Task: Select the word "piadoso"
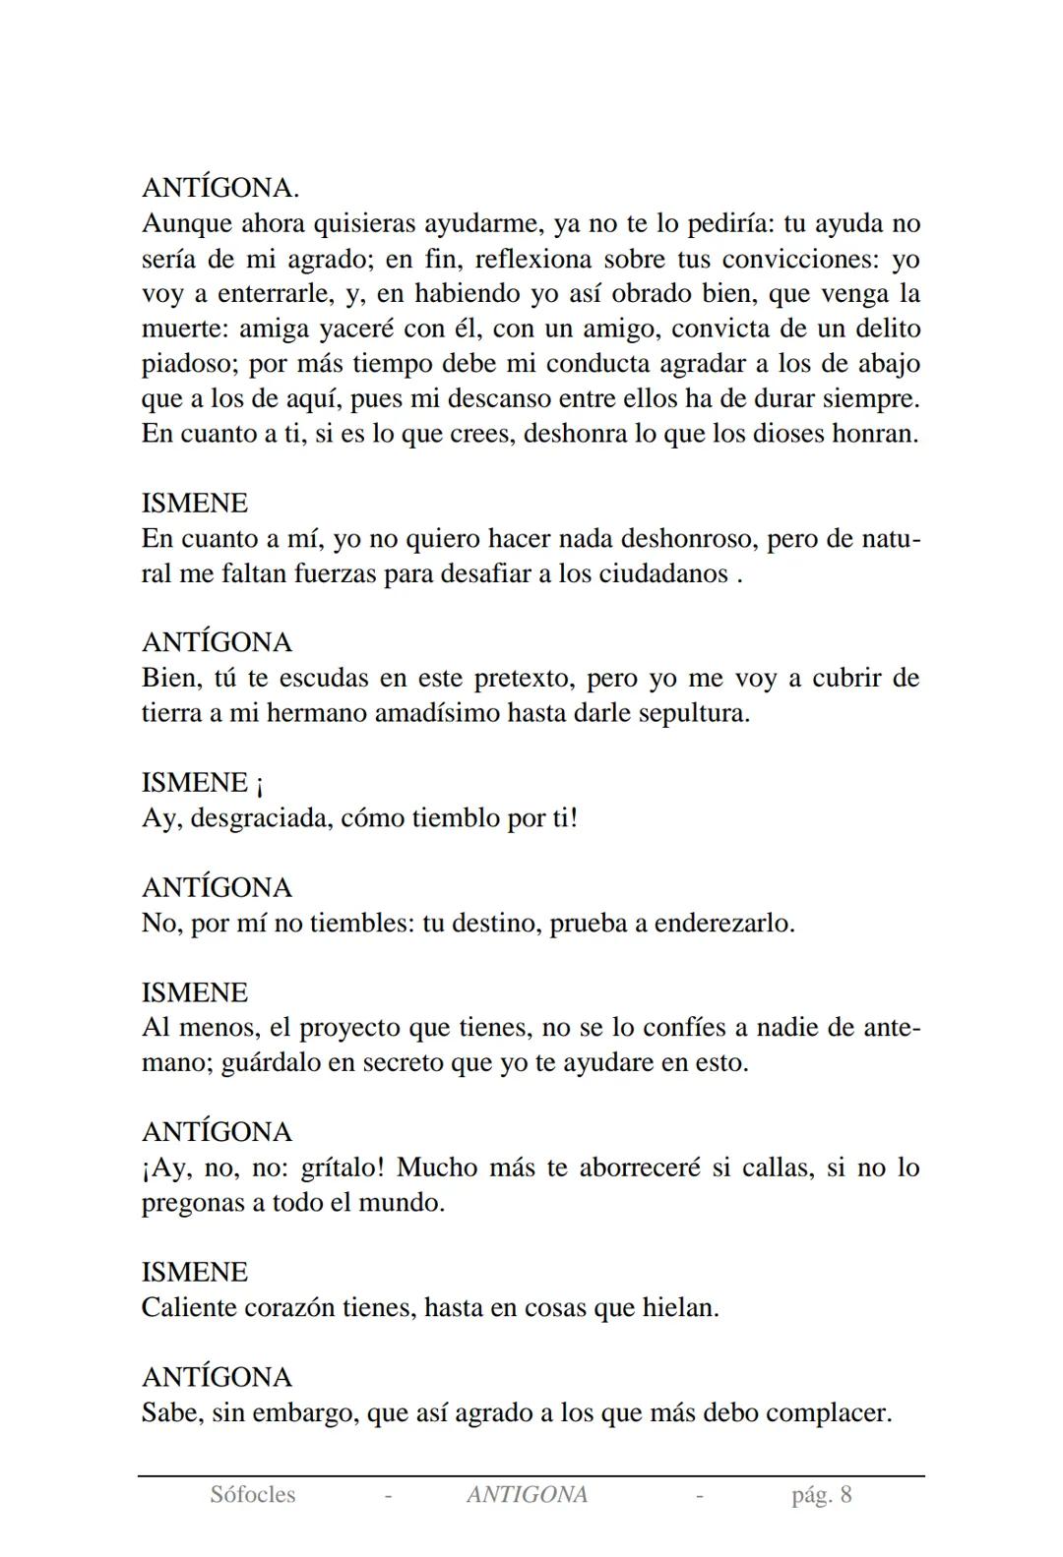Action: tap(186, 364)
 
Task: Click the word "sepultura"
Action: tap(693, 712)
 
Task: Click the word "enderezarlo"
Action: tap(723, 923)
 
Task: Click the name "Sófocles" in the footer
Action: tap(252, 1495)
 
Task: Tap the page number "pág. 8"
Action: tap(821, 1495)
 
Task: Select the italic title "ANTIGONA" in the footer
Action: tap(527, 1495)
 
